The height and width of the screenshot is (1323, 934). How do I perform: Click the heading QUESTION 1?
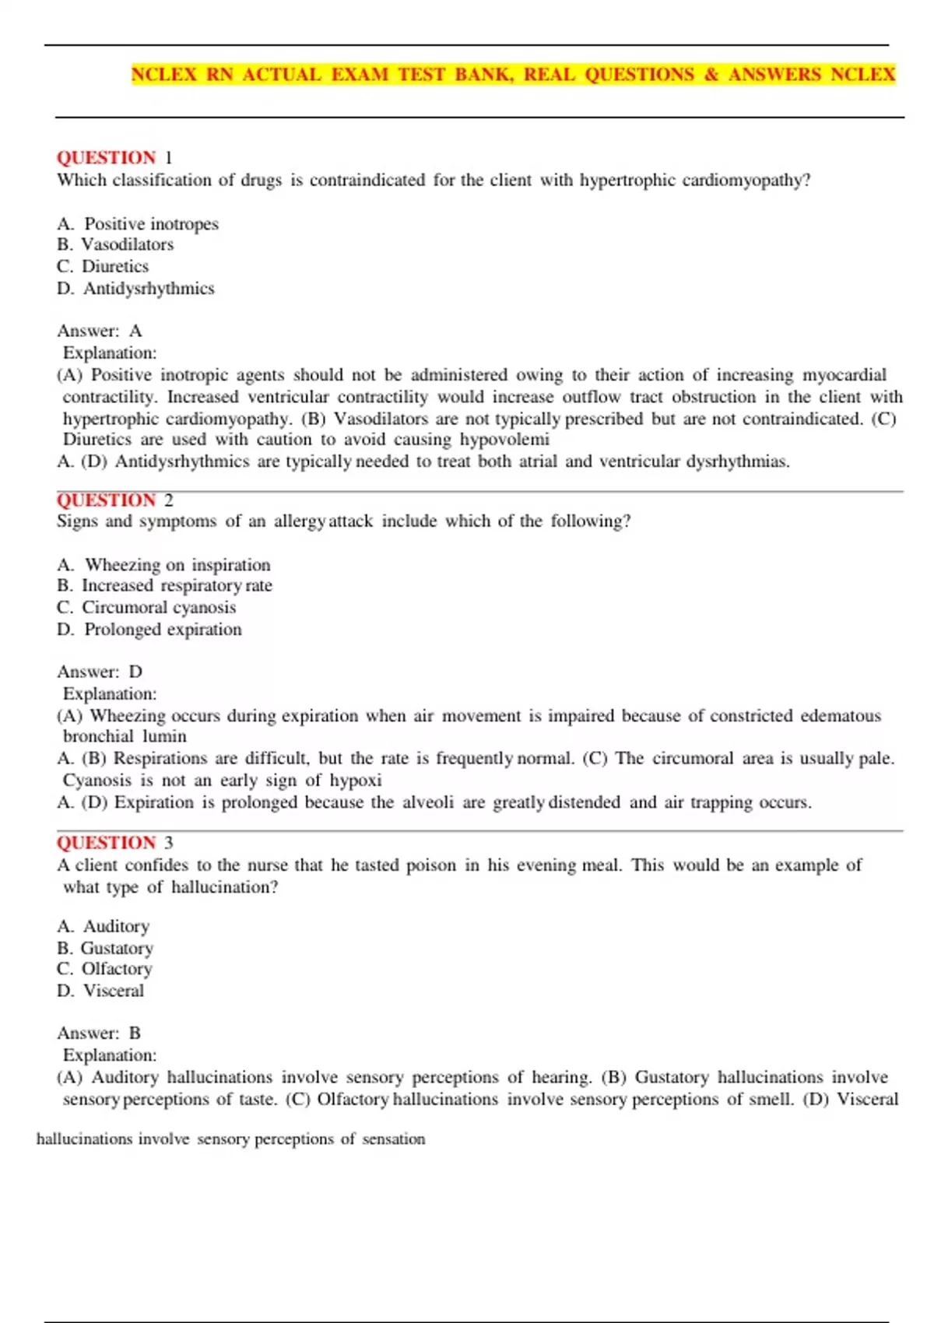tap(114, 158)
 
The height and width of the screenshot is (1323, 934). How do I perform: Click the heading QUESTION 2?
tap(114, 500)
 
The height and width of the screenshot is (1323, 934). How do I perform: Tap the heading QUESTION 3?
tap(114, 843)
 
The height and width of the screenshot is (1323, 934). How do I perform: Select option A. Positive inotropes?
tap(138, 224)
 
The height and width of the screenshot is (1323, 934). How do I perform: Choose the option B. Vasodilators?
tap(115, 244)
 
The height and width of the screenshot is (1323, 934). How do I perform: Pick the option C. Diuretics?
tap(103, 266)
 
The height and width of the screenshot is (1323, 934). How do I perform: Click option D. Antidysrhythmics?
tap(135, 289)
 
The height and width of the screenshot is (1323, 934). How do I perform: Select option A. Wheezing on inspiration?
tap(163, 565)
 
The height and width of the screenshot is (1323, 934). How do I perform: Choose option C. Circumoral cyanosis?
tap(146, 608)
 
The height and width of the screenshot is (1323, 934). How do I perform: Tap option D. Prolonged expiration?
tap(149, 630)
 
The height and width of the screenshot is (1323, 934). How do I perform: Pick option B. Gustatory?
tap(105, 949)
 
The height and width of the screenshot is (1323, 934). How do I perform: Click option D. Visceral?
tap(100, 991)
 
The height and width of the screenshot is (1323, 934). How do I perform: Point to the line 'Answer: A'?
tap(100, 332)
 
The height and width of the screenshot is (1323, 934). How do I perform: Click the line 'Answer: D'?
tap(100, 672)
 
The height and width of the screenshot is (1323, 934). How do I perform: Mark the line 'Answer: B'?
tap(99, 1033)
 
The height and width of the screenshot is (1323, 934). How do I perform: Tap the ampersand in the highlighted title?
tap(711, 75)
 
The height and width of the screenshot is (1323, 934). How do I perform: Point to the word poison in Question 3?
tap(431, 865)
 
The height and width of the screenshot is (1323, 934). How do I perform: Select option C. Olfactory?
tap(104, 970)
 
